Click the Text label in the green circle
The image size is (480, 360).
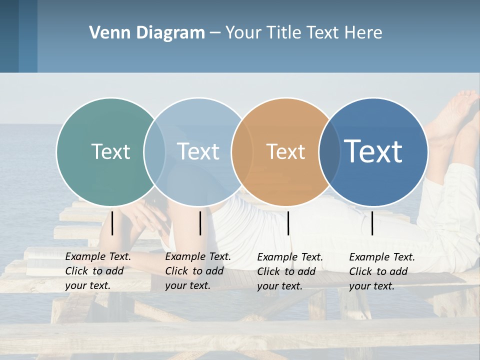110,151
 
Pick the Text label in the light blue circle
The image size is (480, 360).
198,151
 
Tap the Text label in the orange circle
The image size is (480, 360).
285,151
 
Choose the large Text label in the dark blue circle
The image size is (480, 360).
373,151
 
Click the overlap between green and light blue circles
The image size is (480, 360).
154,152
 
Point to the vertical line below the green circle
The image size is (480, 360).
112,223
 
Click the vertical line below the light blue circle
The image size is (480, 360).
200,223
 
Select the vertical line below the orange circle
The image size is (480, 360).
288,223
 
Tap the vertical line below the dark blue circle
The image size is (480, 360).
372,223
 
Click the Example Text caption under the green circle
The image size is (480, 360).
98,271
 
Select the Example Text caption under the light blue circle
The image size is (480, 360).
198,271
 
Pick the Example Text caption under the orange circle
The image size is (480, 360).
290,271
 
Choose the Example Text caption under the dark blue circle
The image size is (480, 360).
382,271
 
